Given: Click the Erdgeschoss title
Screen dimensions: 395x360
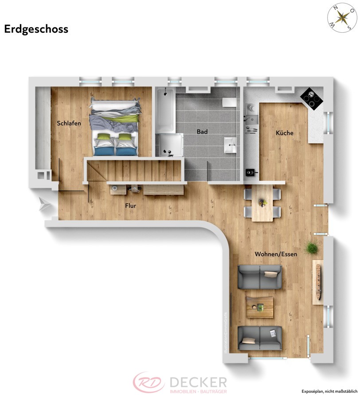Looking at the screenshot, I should pos(36,29).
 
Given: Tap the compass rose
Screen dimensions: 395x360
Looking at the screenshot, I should pos(342,18).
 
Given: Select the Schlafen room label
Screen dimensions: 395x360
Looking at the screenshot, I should pos(69,123).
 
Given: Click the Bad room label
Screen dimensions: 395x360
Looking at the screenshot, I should pos(202,132).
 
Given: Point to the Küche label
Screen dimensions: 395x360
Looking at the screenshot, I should pos(284,133).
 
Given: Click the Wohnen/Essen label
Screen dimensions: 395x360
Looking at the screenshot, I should pos(276,254).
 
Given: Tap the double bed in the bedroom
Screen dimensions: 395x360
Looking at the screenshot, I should pos(115,127).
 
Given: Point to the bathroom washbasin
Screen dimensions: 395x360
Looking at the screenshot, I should pos(231,144).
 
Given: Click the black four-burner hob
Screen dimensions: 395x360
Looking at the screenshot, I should pos(312,99).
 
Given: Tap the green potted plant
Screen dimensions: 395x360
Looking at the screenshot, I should pos(313,248).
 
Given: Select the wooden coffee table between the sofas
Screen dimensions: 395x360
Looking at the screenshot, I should pos(259,306).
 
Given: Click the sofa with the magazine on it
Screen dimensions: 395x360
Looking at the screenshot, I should pos(260,337).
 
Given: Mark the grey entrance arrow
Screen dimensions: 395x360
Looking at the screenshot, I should pos(45,205).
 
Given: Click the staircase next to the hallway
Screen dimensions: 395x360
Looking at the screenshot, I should pos(133,170).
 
